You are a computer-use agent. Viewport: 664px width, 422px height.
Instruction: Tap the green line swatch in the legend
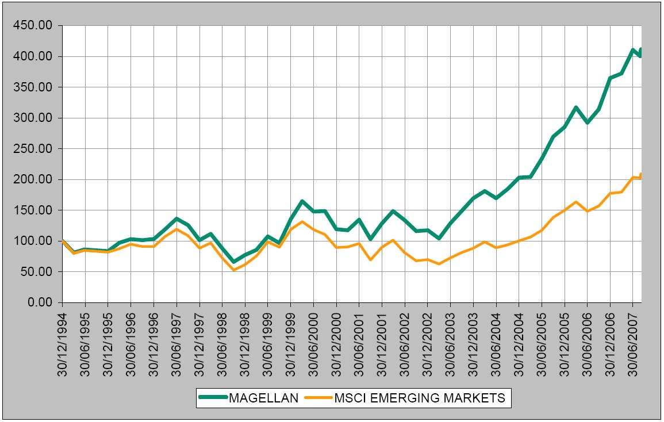point(212,398)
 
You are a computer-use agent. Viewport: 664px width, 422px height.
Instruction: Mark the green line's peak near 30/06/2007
point(633,50)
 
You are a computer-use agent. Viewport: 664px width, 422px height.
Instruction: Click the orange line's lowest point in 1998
point(233,270)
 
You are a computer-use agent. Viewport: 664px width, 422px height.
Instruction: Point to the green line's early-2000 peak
point(302,201)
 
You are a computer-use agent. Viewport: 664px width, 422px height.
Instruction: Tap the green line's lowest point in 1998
point(233,262)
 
